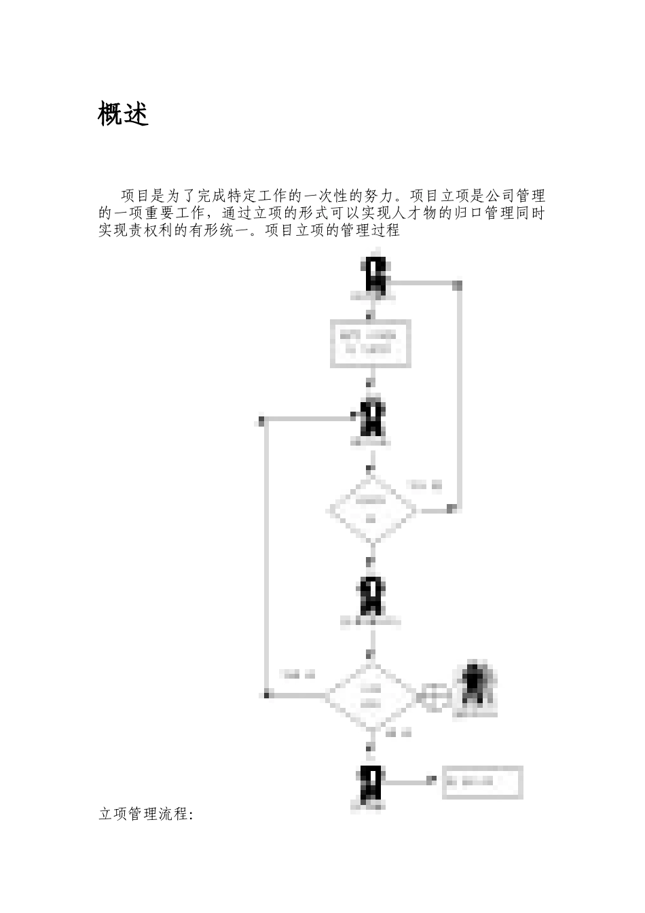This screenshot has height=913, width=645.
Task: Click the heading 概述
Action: click(124, 114)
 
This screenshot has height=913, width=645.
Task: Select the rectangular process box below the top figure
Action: click(371, 343)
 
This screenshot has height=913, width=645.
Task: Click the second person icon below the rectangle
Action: click(373, 418)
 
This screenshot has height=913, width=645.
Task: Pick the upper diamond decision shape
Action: click(371, 510)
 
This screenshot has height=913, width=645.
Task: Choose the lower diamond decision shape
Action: click(371, 696)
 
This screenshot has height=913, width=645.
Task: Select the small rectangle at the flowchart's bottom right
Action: click(482, 782)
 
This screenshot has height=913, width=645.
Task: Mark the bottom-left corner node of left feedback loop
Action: click(267, 694)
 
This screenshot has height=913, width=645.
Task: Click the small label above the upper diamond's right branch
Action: click(424, 485)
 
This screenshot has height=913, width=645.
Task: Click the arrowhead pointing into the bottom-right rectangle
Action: click(430, 782)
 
